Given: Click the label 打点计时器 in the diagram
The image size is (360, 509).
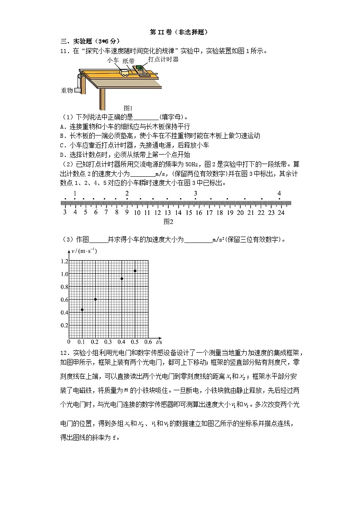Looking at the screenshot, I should [x=163, y=59].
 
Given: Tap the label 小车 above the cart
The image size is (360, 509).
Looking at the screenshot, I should [x=113, y=60].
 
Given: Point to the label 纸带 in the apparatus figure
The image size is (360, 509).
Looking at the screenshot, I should [x=128, y=61].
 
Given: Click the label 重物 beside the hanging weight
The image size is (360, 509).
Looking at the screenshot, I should [x=67, y=91].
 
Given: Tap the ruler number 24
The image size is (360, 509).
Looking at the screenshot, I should [x=281, y=212].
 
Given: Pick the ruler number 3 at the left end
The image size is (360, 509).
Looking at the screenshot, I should [x=64, y=212].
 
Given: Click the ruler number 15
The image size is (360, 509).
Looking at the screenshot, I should [x=189, y=212].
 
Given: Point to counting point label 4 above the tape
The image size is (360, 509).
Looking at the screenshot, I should [x=279, y=194].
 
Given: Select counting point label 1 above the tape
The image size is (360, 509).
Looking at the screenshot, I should [x=75, y=194].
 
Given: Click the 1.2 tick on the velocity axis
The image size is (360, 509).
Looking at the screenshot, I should [x=64, y=262].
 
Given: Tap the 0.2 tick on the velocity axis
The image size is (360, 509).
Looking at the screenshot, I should [x=64, y=325].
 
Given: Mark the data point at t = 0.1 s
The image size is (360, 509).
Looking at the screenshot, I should [x=82, y=310].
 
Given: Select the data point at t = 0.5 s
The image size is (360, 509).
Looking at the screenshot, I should [x=135, y=271].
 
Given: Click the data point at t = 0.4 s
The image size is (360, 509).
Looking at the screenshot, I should [x=122, y=278].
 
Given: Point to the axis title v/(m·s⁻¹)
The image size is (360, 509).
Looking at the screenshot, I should [x=84, y=251].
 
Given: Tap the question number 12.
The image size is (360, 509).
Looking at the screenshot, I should [x=64, y=353].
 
